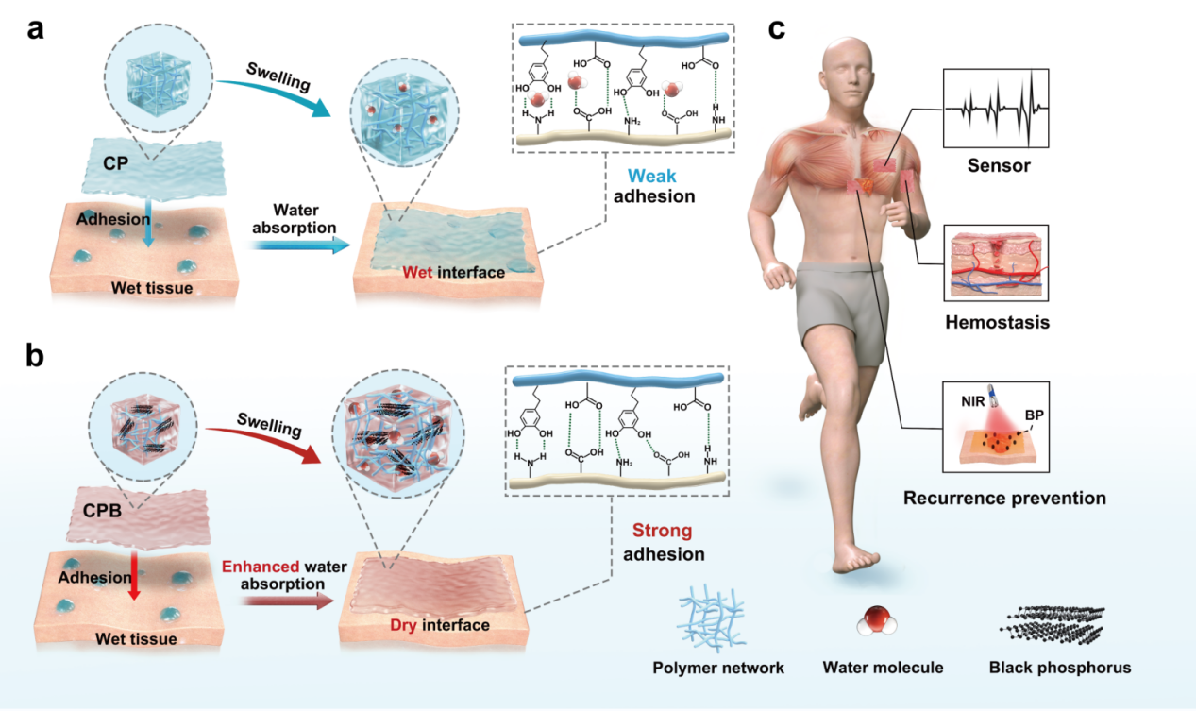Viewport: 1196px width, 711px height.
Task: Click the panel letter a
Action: click(35, 30)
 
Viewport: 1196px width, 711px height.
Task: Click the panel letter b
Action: click(35, 355)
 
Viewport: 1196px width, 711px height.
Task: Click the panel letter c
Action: click(777, 29)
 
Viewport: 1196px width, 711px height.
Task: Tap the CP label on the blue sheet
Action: click(115, 163)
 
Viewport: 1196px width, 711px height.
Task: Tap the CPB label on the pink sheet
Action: click(103, 511)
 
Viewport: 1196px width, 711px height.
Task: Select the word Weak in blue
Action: click(652, 176)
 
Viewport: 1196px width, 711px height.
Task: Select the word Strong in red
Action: click(662, 531)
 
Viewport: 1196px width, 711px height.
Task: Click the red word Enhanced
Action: click(261, 567)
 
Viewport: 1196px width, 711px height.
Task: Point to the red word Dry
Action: click(403, 625)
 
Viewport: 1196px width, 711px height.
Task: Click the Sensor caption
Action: click(999, 165)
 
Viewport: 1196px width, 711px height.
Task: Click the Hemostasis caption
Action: click(998, 322)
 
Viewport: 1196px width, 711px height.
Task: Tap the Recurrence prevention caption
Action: click(1004, 498)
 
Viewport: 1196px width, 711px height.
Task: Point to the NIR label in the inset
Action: click(973, 401)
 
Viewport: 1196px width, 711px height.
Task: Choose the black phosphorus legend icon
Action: click(1053, 625)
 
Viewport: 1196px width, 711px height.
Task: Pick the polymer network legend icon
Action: click(711, 618)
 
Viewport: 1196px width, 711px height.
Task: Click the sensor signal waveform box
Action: click(996, 108)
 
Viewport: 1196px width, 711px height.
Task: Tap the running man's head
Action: click(848, 75)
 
